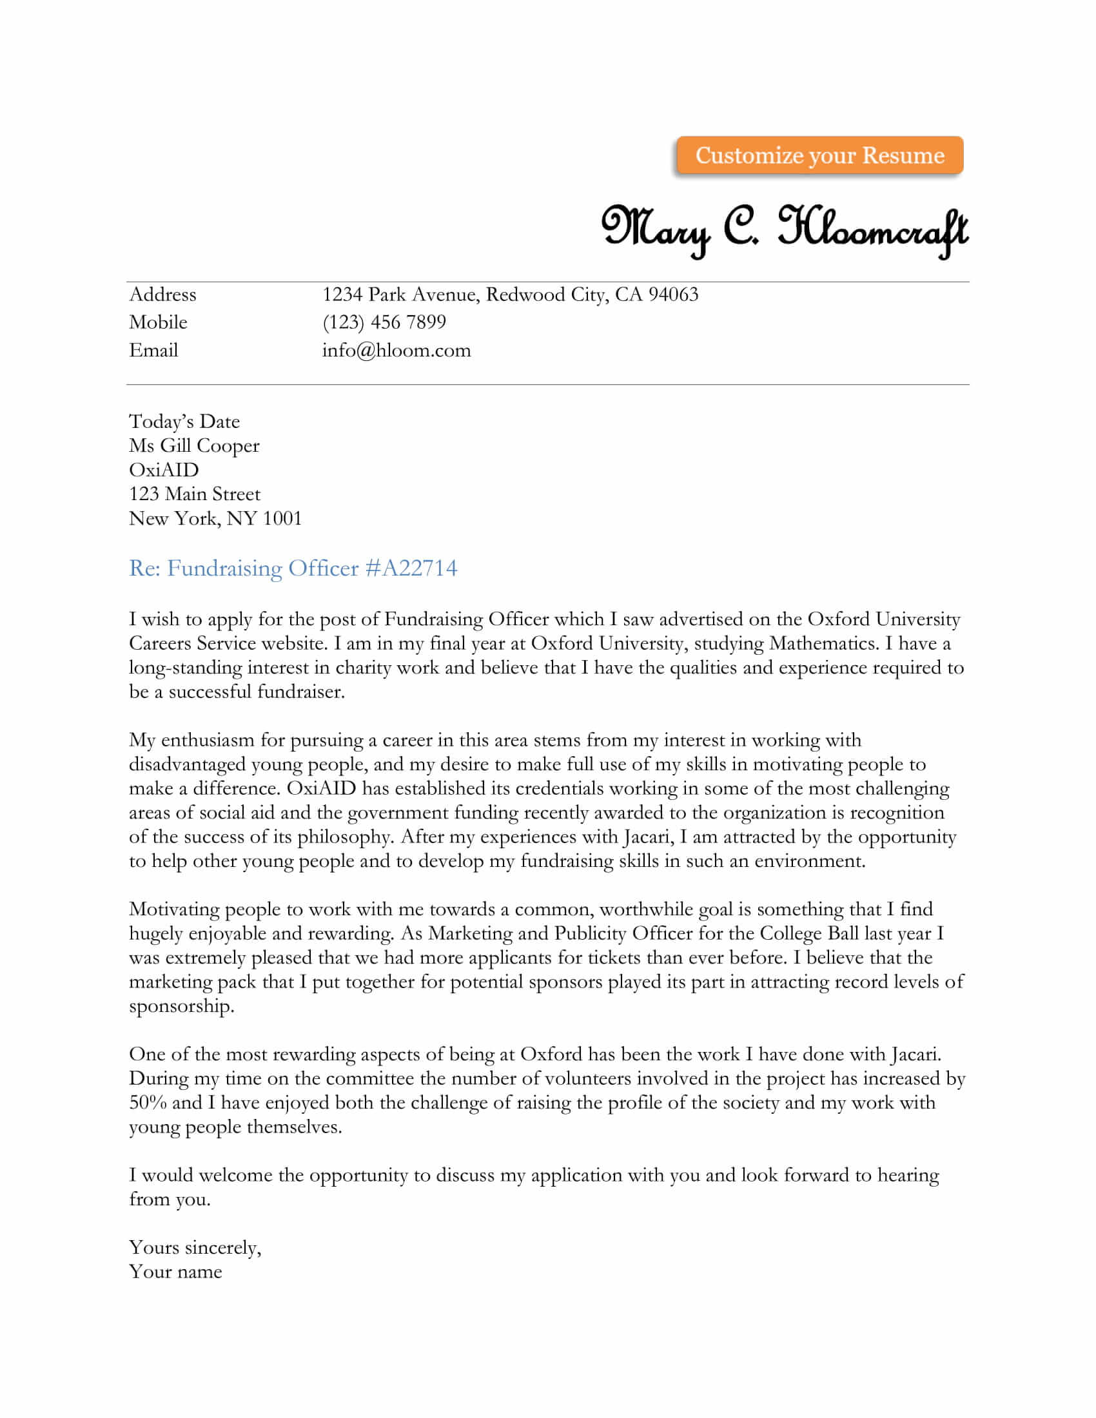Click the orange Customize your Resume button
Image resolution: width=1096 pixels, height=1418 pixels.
(819, 156)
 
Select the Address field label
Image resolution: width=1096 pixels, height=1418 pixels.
(162, 295)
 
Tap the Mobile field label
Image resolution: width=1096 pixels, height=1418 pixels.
(158, 323)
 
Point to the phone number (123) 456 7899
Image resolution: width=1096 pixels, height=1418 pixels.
(384, 323)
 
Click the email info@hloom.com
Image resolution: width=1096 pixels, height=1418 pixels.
(396, 351)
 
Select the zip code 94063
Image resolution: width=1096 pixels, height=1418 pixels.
(673, 295)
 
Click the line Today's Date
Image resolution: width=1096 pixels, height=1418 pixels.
(184, 422)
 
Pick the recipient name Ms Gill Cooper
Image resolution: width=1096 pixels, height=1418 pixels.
(194, 446)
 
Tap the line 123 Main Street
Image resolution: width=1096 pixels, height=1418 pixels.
(195, 494)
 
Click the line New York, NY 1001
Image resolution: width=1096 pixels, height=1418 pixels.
(215, 519)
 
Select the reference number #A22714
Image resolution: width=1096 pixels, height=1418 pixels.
(412, 568)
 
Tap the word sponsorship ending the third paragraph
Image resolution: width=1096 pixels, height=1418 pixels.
(181, 1007)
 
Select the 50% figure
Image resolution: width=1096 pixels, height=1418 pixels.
(148, 1102)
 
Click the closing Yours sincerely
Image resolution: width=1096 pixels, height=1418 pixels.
(195, 1248)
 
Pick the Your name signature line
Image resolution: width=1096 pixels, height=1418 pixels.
(175, 1272)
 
